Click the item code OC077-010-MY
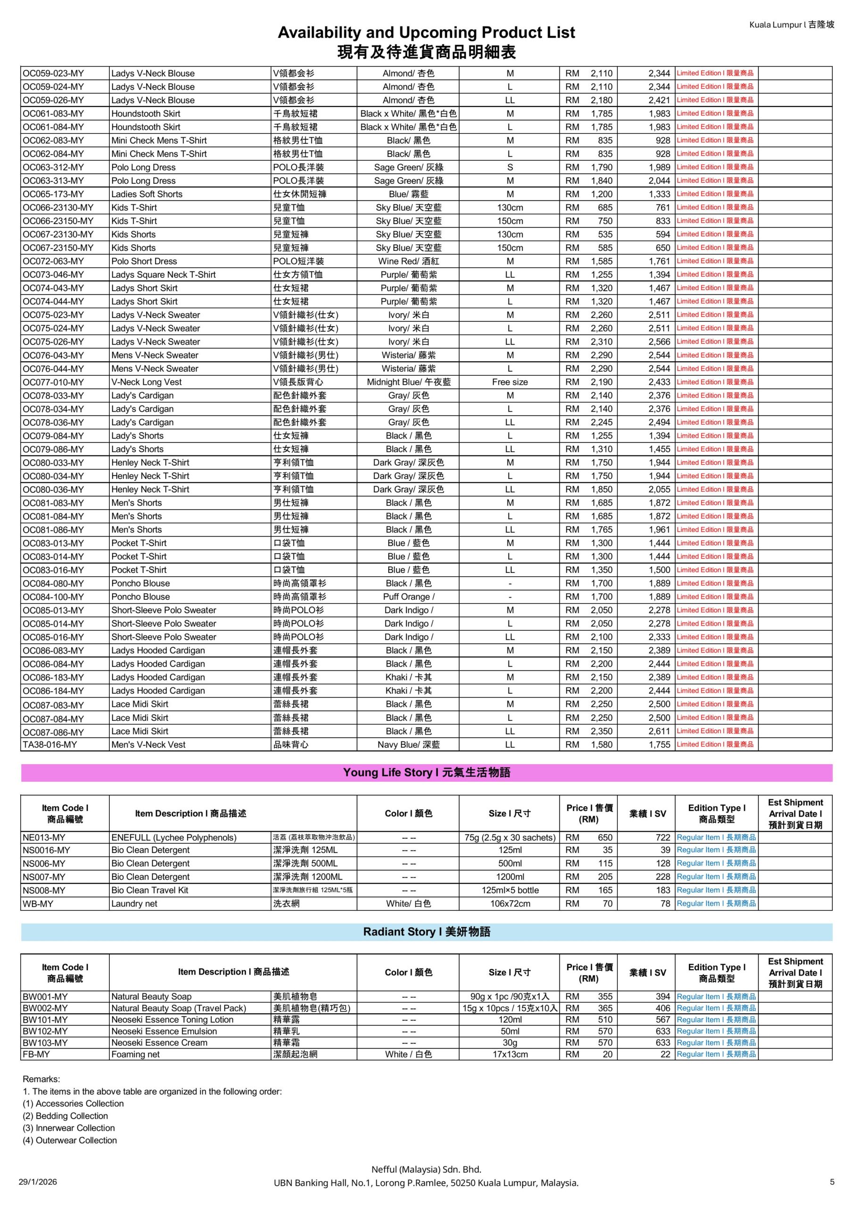click(53, 382)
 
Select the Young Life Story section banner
click(426, 772)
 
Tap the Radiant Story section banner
click(426, 932)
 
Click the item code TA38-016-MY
click(49, 744)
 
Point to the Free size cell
click(510, 382)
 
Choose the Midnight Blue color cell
click(409, 382)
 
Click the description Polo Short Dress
click(144, 261)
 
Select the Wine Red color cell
click(409, 261)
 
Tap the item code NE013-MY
click(44, 837)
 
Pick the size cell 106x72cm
click(510, 904)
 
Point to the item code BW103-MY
click(45, 1042)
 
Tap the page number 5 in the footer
click(832, 1182)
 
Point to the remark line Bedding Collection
click(66, 1116)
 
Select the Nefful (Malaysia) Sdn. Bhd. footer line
click(426, 1169)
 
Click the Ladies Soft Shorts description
click(147, 194)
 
